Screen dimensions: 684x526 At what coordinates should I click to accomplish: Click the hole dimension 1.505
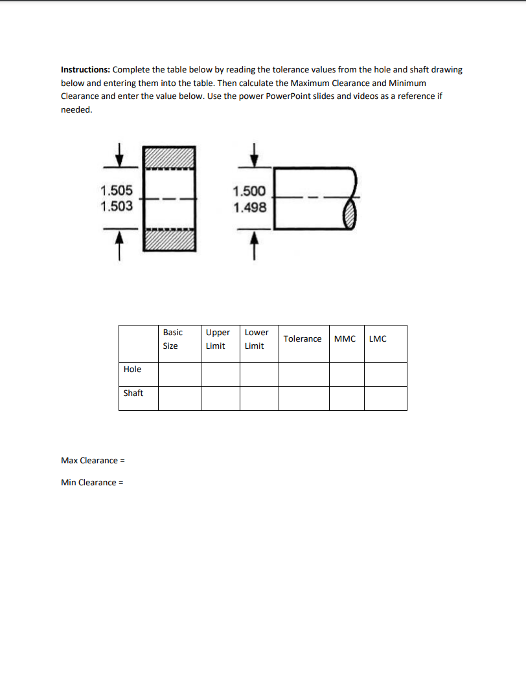(x=117, y=190)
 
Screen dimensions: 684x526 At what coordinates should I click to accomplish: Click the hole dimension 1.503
(x=117, y=206)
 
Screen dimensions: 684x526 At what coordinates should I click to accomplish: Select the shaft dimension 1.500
(x=249, y=192)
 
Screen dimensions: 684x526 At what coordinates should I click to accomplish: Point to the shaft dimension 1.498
(x=249, y=207)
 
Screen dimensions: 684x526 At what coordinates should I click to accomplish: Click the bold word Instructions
(x=86, y=70)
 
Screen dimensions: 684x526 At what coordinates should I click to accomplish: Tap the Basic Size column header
(x=172, y=339)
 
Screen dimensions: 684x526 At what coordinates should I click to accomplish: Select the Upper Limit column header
(x=218, y=339)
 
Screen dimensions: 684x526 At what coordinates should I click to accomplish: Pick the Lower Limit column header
(x=257, y=339)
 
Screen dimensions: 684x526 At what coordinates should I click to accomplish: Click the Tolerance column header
(x=303, y=339)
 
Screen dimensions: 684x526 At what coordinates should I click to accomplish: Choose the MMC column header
(x=345, y=339)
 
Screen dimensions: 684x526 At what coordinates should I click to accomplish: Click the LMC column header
(x=378, y=339)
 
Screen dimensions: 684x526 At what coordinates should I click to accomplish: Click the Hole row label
(x=132, y=370)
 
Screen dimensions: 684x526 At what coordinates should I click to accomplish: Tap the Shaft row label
(x=133, y=393)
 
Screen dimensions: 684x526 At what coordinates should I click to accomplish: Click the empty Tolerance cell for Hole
(x=304, y=374)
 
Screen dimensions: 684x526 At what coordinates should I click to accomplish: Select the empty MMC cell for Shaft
(x=347, y=398)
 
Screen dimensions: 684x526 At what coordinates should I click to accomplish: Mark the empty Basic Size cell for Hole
(x=179, y=374)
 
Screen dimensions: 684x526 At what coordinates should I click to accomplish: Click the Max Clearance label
(x=92, y=461)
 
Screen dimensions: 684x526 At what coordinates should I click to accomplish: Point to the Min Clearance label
(x=91, y=483)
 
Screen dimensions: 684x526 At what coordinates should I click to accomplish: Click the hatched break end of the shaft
(x=350, y=212)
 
